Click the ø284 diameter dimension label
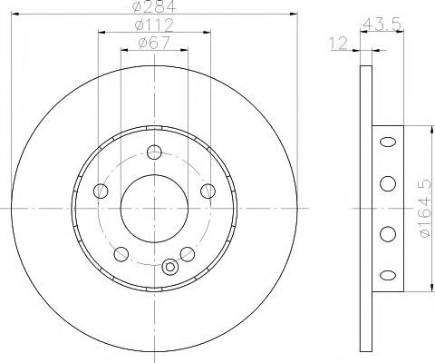click(x=154, y=6)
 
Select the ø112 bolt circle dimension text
click(x=154, y=25)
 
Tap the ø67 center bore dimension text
click(x=154, y=43)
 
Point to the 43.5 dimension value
click(x=382, y=24)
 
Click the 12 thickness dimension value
click(x=338, y=44)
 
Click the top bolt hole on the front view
click(x=154, y=152)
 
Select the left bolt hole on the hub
click(x=101, y=191)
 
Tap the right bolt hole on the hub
click(x=208, y=191)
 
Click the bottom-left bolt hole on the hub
click(x=121, y=254)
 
